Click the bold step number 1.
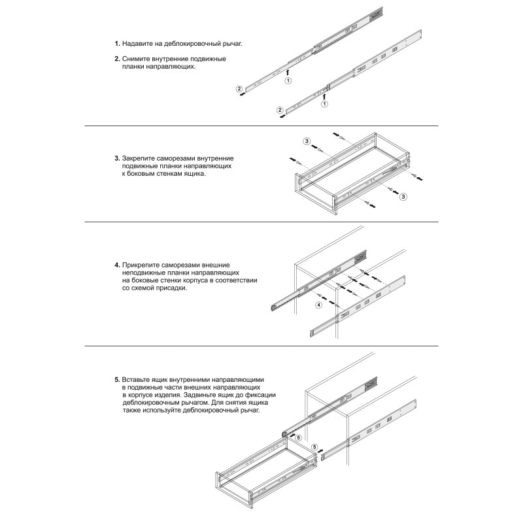(117, 44)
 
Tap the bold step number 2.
(117, 59)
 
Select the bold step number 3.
(117, 159)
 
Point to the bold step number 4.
(117, 265)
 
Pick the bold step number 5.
(117, 380)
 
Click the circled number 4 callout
(319, 305)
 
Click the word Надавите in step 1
(137, 44)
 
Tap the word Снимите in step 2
(137, 59)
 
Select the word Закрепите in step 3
(140, 159)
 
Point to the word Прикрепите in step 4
(142, 265)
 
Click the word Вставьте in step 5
(137, 380)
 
